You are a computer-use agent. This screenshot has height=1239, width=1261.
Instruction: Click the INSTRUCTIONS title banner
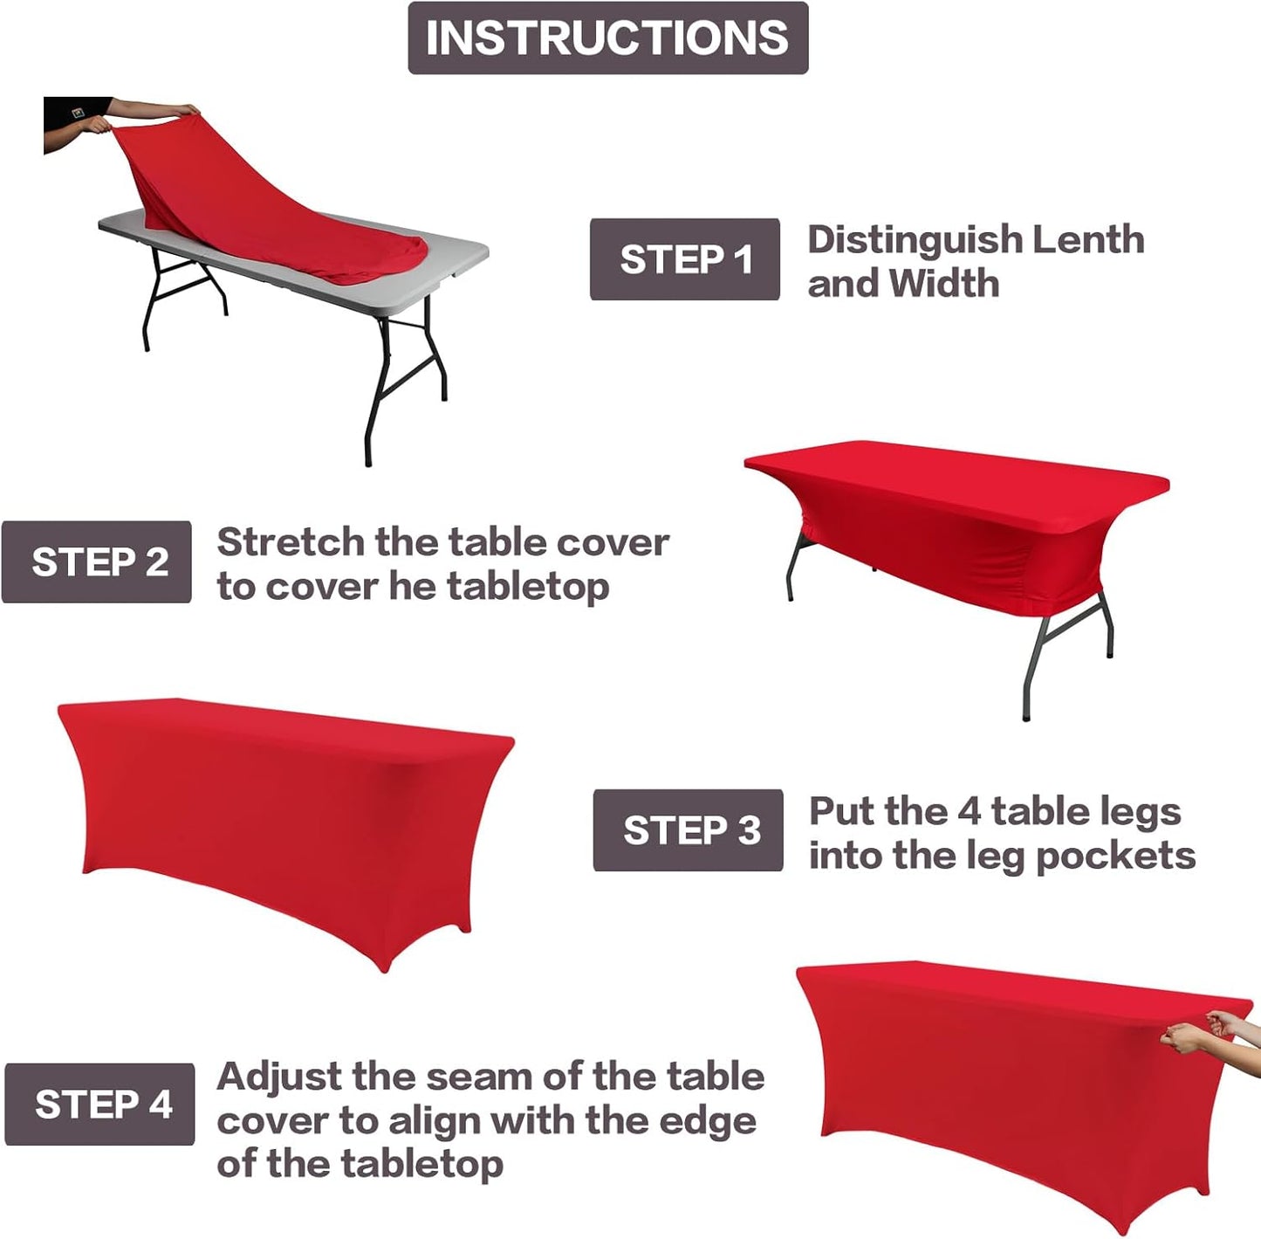607,38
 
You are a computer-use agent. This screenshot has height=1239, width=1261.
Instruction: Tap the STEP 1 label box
684,259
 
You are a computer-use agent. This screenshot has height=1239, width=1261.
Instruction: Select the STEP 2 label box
97,561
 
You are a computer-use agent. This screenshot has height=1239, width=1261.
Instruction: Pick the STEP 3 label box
688,829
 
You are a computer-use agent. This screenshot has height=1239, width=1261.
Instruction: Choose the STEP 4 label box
99,1104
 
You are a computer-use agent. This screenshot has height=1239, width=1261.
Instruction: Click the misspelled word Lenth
1087,239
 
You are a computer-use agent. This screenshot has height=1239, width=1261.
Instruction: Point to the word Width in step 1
944,283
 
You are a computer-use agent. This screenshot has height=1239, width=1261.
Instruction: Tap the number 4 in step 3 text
969,811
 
